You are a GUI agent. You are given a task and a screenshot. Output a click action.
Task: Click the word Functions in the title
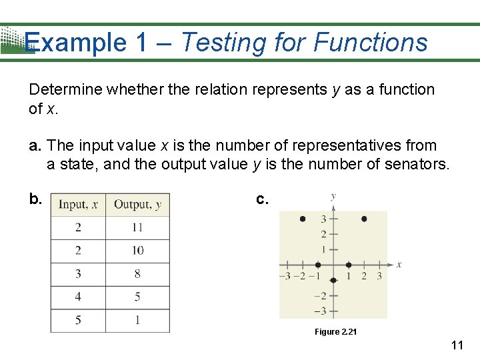(x=370, y=43)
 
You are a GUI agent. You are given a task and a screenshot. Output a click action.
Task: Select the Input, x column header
(x=78, y=205)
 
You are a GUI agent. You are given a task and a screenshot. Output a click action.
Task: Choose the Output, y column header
(x=137, y=205)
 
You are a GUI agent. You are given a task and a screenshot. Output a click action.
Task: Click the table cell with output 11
(x=137, y=227)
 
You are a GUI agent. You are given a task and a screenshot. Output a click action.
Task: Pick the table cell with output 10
(x=137, y=251)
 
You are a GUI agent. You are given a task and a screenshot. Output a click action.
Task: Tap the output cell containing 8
(x=137, y=274)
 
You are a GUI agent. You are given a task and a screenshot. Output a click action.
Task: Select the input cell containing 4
(x=78, y=297)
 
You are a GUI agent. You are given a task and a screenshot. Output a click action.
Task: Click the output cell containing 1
(x=137, y=320)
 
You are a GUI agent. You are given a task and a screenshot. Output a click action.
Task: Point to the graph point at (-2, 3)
(x=303, y=219)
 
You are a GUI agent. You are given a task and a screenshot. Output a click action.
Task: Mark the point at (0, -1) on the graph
(x=333, y=280)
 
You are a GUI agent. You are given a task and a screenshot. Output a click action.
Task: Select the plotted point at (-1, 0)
(x=318, y=265)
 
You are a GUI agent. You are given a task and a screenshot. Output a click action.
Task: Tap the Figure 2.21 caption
(x=336, y=332)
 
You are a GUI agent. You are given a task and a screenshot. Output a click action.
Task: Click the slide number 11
(x=457, y=345)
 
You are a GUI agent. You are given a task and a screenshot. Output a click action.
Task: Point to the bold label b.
(x=35, y=199)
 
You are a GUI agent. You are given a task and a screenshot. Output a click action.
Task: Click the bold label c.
(x=263, y=199)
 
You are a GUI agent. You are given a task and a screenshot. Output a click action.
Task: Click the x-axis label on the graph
(x=399, y=265)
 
